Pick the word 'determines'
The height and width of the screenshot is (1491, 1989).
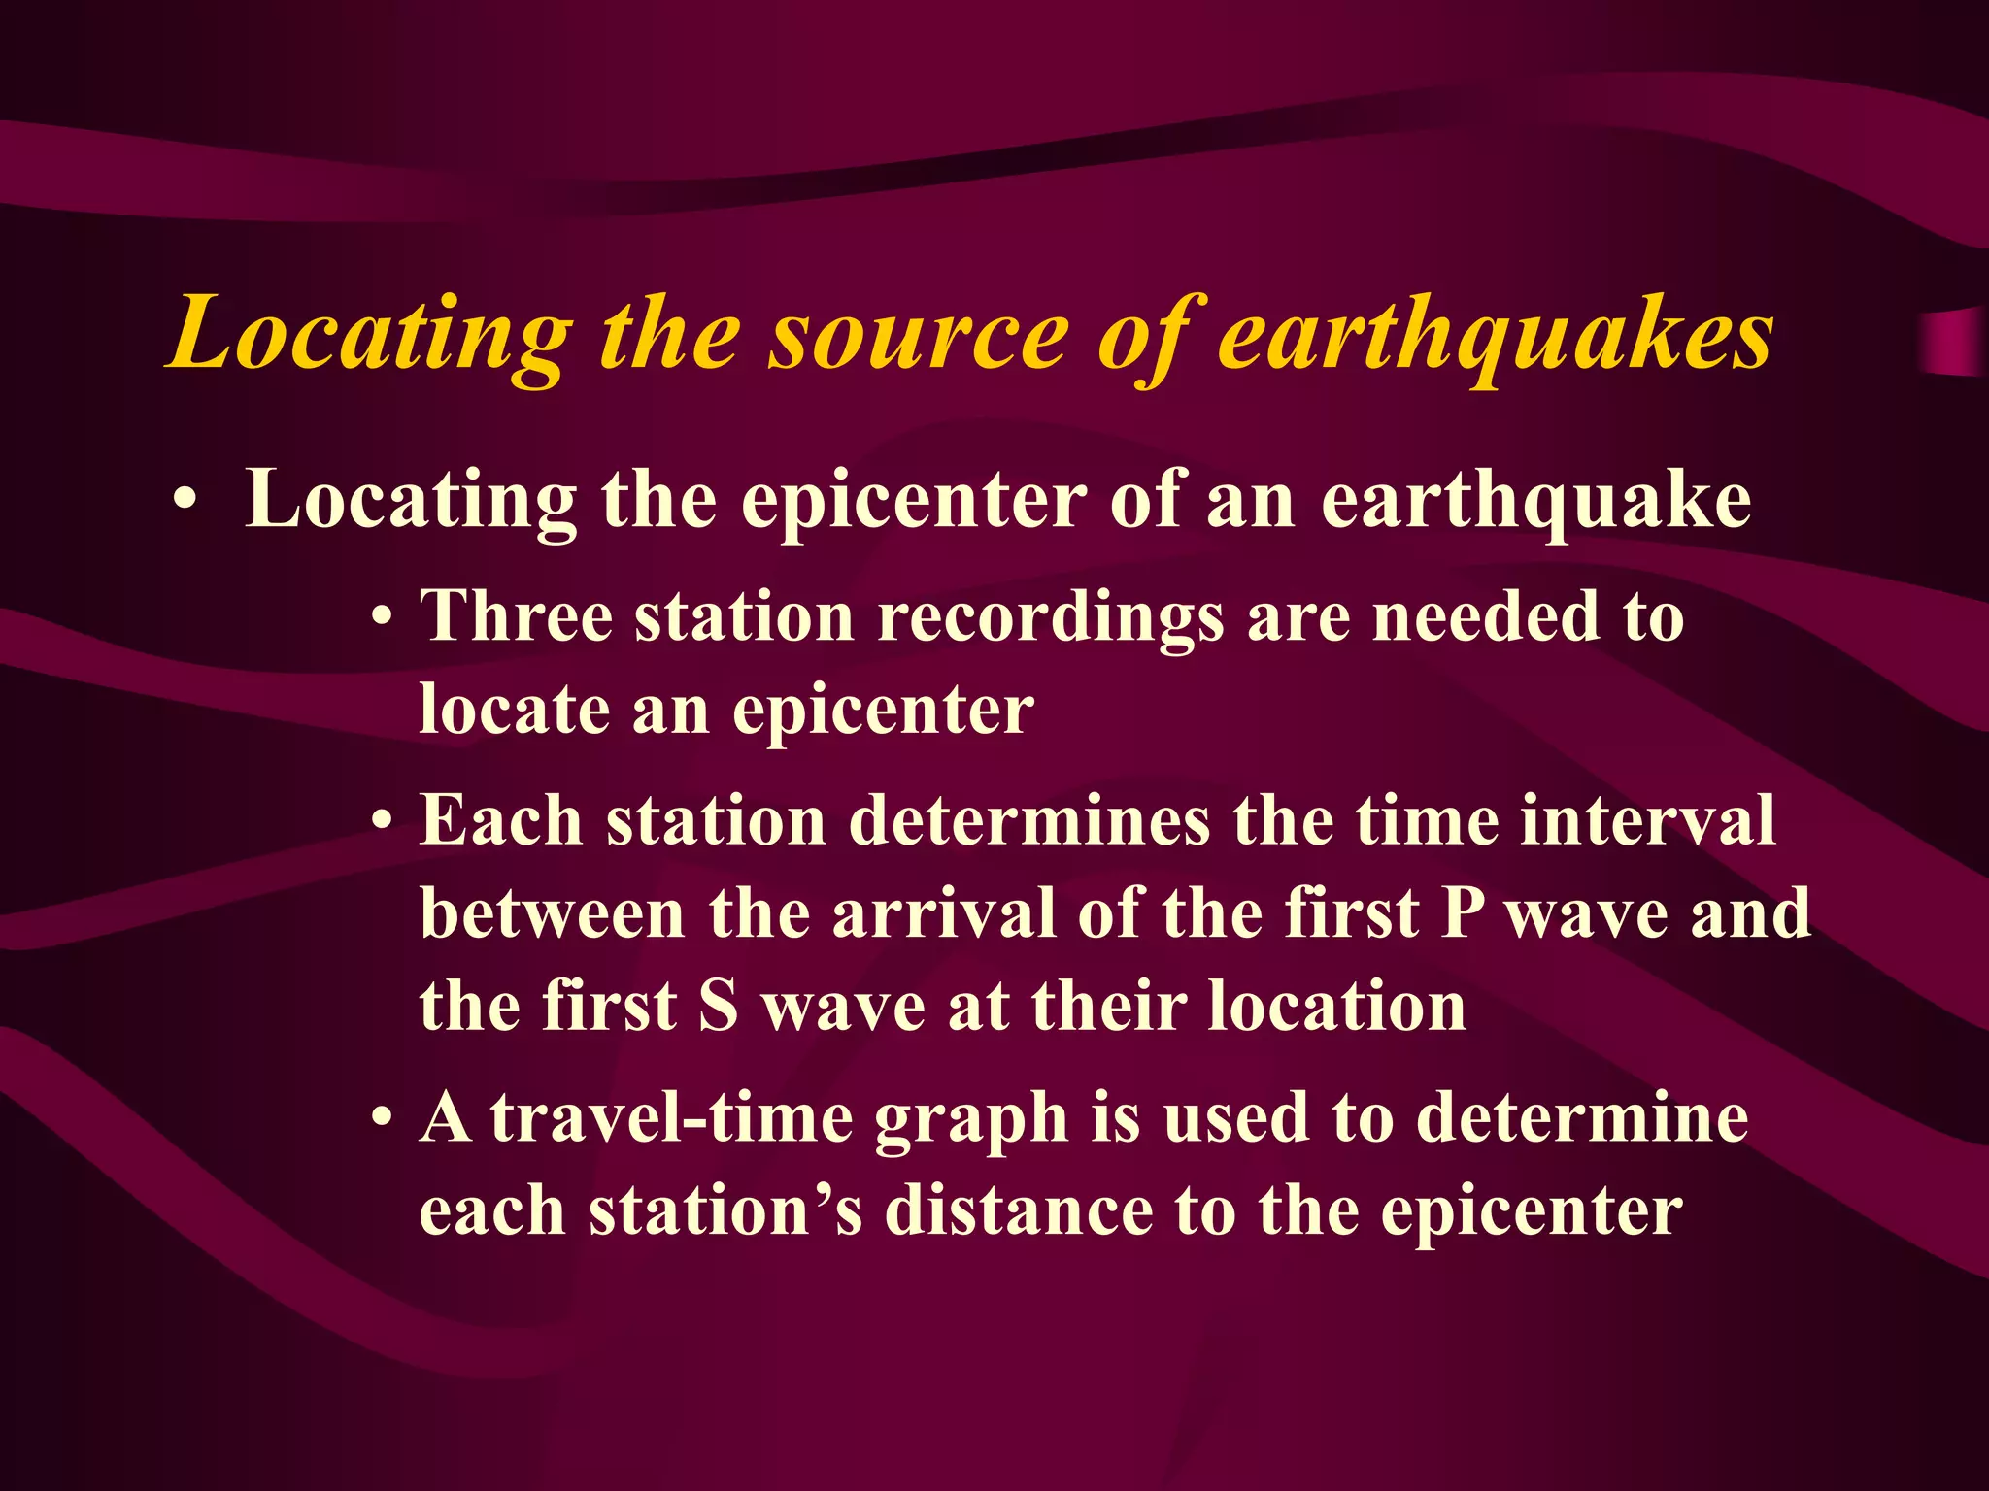coord(1029,821)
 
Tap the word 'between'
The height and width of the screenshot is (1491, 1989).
coord(553,913)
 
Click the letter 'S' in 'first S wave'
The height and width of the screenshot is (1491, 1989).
coord(719,1006)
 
